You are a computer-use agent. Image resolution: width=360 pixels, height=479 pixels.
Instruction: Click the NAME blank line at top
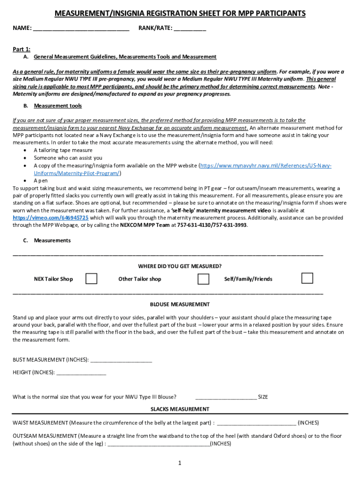(81, 29)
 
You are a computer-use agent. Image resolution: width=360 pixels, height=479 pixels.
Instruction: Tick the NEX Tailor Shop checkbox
(92, 279)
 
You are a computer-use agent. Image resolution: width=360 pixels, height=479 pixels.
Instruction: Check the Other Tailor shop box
(203, 279)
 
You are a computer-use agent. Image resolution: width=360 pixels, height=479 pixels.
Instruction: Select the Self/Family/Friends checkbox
(307, 278)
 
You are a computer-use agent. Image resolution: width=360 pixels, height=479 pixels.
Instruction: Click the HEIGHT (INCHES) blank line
(80, 372)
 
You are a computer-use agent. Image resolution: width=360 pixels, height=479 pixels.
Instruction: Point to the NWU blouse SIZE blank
(226, 397)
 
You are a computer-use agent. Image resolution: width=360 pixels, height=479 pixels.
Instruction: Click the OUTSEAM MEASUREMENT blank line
(158, 443)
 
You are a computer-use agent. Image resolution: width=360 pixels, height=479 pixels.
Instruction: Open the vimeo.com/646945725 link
(50, 218)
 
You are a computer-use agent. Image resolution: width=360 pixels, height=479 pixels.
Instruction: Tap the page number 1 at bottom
(180, 463)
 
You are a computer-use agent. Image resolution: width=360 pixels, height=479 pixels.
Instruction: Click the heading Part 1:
(22, 49)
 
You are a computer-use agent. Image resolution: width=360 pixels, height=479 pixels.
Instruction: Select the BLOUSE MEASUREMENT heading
(180, 304)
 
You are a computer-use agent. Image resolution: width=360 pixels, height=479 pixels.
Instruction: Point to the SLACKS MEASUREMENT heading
(180, 409)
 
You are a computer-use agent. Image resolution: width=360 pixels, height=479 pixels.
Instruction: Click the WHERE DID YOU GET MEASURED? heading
(180, 266)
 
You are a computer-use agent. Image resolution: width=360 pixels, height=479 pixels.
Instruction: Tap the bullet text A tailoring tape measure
(63, 150)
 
